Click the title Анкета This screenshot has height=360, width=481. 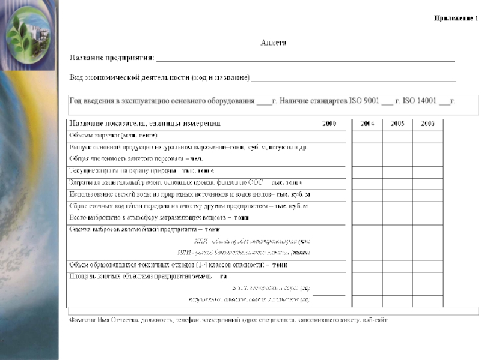(274, 43)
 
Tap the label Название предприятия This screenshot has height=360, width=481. (112, 59)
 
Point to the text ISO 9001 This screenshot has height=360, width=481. (364, 101)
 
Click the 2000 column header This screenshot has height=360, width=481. (329, 124)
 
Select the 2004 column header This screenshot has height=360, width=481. (367, 124)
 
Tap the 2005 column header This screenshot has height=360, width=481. (397, 124)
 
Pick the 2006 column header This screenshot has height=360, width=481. (427, 124)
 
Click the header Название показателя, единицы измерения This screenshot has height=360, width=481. (144, 124)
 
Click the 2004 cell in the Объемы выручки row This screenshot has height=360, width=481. (367, 136)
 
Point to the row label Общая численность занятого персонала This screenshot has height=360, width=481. (136, 159)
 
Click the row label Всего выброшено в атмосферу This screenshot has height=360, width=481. (159, 217)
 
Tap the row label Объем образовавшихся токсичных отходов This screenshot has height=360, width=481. (178, 265)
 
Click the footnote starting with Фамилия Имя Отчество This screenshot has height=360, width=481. (228, 320)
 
